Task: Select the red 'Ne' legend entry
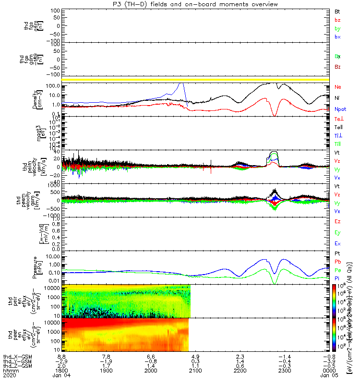pos(337,87)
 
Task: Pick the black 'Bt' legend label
pos(337,11)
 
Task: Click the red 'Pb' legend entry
pos(337,262)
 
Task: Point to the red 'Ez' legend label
pos(337,222)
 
